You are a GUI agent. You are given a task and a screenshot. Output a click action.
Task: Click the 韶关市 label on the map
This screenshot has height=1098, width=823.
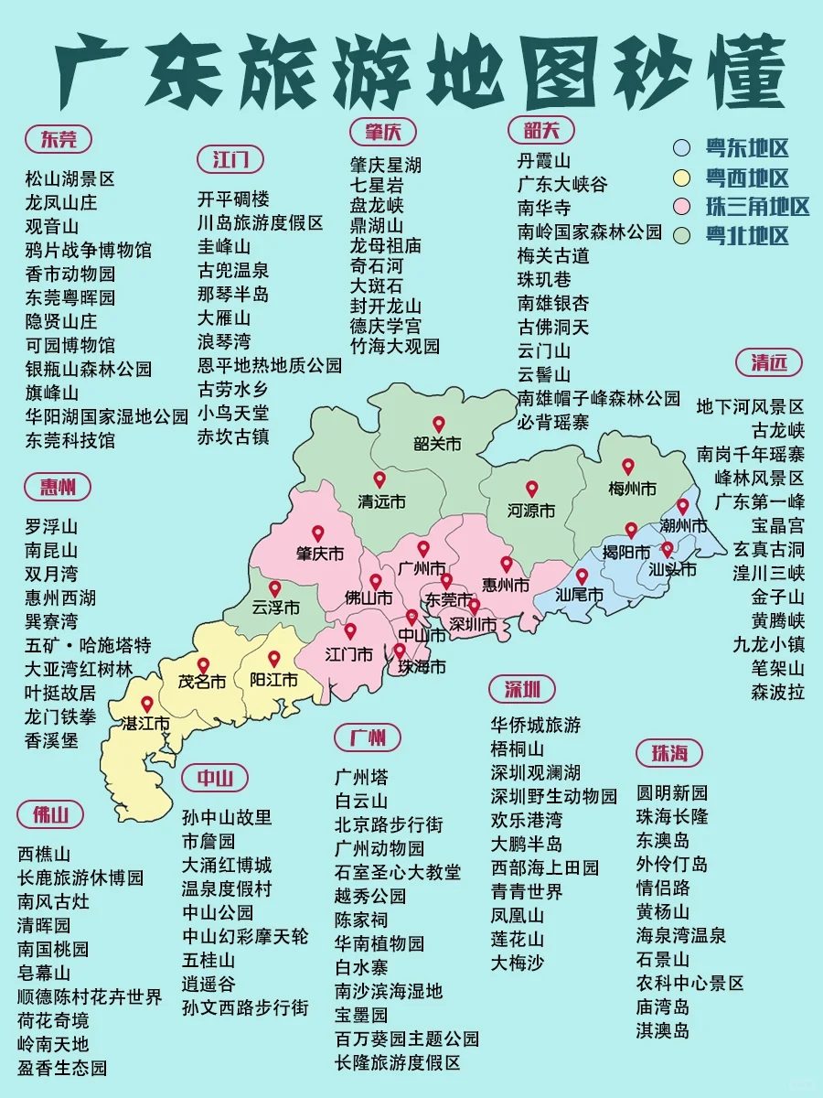click(438, 445)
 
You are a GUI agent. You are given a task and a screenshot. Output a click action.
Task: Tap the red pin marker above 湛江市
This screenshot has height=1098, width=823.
click(146, 705)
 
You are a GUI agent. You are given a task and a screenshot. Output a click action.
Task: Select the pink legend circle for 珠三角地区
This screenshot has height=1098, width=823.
click(681, 206)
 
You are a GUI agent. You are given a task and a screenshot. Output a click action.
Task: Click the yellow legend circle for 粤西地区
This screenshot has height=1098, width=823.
click(681, 178)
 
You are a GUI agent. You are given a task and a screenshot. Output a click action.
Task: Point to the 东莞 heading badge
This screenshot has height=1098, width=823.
click(59, 139)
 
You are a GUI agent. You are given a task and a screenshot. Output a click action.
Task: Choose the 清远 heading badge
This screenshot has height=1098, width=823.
click(769, 362)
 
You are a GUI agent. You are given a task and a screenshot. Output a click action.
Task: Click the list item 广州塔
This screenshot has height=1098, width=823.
click(361, 778)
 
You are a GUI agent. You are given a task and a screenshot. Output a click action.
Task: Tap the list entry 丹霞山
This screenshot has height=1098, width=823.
click(544, 161)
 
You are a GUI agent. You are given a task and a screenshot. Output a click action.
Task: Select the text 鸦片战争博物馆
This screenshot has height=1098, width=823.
click(88, 250)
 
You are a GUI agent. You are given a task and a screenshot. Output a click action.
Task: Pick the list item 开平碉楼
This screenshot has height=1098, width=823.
click(234, 199)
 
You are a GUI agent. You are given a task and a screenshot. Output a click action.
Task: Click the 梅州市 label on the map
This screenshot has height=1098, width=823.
click(632, 490)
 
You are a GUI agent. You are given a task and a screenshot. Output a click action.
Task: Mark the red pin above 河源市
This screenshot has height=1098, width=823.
click(531, 490)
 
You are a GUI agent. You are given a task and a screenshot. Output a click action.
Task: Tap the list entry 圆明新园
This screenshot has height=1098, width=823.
click(672, 792)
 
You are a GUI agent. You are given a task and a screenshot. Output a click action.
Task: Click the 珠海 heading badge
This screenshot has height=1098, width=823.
click(669, 753)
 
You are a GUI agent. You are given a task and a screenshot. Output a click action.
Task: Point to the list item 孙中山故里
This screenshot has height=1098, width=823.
click(227, 817)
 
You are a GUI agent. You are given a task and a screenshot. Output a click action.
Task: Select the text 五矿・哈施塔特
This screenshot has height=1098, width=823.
click(88, 645)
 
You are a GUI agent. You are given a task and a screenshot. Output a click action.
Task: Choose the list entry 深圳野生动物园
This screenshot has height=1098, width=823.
click(553, 796)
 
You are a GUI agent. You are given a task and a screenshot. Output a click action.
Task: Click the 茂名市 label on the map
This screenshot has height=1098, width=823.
click(202, 683)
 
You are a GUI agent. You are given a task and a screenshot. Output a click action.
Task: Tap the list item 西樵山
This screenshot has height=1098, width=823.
click(44, 854)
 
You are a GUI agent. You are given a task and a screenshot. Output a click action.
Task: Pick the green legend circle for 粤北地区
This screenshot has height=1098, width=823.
click(681, 235)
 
